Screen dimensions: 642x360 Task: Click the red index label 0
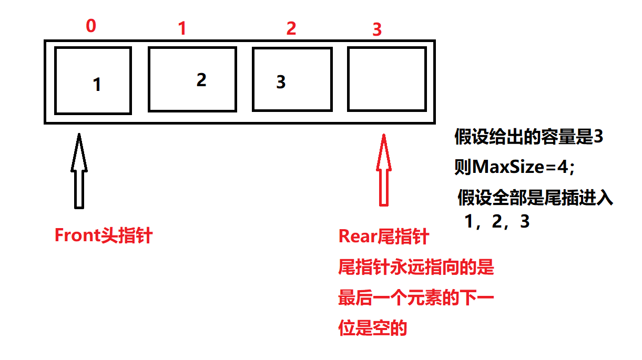(91, 27)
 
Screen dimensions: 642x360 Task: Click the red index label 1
(182, 29)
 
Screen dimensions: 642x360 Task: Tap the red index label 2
(291, 28)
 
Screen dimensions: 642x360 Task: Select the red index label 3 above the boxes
(376, 30)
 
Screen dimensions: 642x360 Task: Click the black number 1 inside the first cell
(97, 85)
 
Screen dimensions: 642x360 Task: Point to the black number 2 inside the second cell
(201, 80)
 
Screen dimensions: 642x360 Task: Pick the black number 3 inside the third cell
(281, 82)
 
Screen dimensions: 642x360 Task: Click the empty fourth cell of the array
(386, 79)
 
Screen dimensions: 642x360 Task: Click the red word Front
(74, 235)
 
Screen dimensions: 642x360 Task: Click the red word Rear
(358, 236)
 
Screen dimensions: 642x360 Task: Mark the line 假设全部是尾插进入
(535, 199)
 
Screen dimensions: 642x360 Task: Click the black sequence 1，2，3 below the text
(496, 222)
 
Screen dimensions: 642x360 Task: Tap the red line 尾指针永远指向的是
(416, 268)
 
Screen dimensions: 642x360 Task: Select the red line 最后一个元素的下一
(416, 299)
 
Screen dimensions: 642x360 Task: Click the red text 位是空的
(372, 328)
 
